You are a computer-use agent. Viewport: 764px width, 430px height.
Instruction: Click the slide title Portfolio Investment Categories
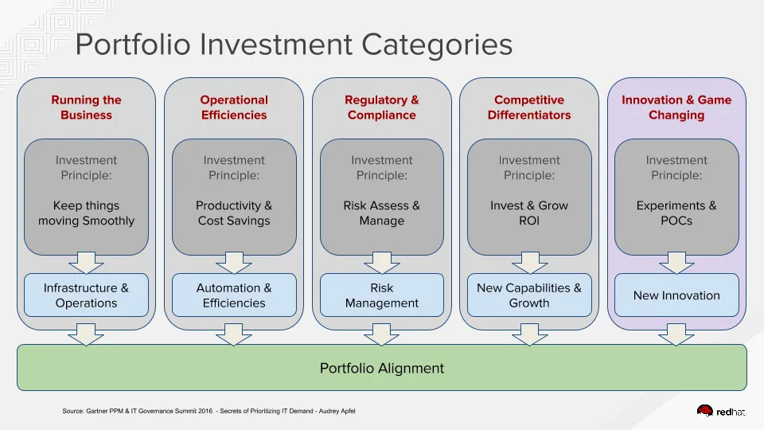click(x=294, y=45)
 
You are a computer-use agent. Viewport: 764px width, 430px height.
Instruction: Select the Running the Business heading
click(x=86, y=107)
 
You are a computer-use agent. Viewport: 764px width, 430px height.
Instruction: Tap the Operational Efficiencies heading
click(x=234, y=107)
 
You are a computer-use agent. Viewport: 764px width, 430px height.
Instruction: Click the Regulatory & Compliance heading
click(x=381, y=107)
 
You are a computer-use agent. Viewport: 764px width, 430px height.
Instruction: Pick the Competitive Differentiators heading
click(x=529, y=107)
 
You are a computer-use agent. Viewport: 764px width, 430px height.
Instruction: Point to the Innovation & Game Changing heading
click(x=676, y=107)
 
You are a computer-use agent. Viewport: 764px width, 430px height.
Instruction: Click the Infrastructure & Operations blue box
click(x=86, y=295)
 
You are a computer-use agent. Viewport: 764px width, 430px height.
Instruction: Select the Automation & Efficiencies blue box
click(x=234, y=295)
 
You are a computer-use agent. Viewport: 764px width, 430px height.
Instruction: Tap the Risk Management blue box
click(x=381, y=295)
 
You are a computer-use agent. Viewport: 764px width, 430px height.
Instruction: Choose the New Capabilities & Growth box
click(x=529, y=295)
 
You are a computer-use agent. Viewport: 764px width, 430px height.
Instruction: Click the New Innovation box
click(x=676, y=295)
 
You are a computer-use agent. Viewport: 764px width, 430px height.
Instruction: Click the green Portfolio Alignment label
click(x=381, y=368)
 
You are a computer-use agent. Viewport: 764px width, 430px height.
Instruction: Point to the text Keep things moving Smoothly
click(x=86, y=213)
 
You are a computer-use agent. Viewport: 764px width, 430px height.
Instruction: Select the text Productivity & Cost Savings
click(x=234, y=213)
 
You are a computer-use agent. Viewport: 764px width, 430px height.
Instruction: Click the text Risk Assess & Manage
click(x=381, y=213)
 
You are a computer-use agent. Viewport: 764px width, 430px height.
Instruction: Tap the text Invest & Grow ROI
click(x=529, y=213)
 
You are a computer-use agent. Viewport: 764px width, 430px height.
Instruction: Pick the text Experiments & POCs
click(x=676, y=213)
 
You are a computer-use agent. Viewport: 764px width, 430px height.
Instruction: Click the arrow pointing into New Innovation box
click(x=676, y=262)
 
